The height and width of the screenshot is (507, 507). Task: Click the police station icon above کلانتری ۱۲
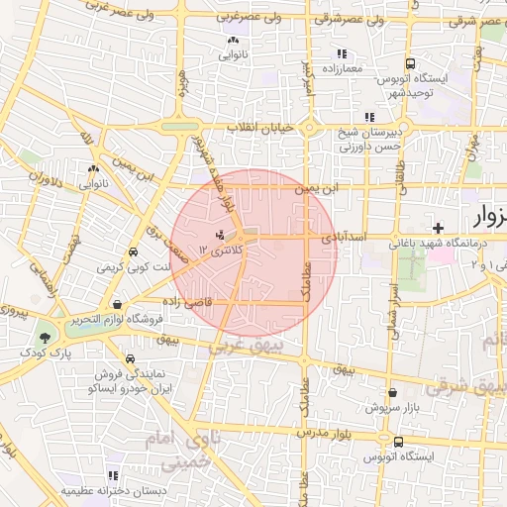coord(220,235)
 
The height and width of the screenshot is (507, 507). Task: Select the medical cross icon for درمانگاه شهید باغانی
coord(438,228)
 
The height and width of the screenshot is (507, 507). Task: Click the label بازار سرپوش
coord(391,407)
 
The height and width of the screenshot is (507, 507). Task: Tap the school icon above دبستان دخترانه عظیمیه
coord(113,475)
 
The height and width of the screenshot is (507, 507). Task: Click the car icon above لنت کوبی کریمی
coord(134,252)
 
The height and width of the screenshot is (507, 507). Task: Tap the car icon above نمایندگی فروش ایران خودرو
coord(130,358)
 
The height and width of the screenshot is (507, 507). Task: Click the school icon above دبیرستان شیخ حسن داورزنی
coord(369,117)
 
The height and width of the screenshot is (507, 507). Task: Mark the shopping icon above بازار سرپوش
coord(392,393)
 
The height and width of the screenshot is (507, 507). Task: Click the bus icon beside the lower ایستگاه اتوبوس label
coord(398,442)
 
